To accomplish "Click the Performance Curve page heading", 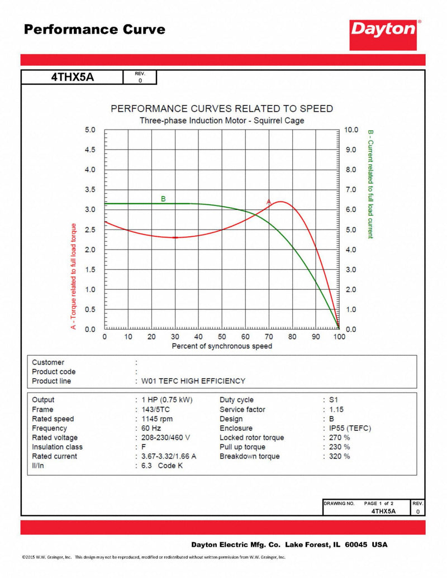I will click(94, 30).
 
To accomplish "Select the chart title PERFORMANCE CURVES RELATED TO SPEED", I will click(222, 108).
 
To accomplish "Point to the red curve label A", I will click(268, 202).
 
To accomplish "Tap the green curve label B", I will click(163, 199).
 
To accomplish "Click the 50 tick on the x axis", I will click(222, 337).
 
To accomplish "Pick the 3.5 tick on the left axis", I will click(90, 190).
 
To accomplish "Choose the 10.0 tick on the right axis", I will click(351, 130).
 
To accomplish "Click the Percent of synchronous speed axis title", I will click(222, 346).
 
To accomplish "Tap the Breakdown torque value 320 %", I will click(339, 456).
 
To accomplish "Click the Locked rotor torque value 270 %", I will click(339, 438).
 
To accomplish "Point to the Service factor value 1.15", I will click(336, 409).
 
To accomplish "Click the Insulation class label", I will click(57, 447).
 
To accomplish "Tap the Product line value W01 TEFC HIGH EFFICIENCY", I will click(193, 381).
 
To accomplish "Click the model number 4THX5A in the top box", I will click(73, 78).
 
